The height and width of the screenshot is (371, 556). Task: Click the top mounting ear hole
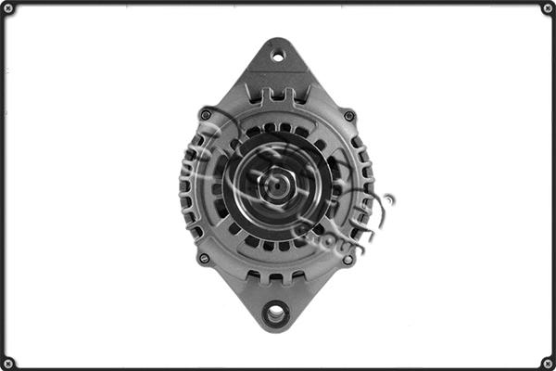point(277,56)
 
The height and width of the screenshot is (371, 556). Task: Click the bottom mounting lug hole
point(275,313)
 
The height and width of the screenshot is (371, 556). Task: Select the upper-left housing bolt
point(206,115)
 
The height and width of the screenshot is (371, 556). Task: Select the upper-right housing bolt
point(349,116)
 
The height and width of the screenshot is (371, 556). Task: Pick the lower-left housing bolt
point(204,259)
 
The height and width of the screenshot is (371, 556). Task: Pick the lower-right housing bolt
point(347,260)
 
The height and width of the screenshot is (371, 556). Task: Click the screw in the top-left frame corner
point(8,8)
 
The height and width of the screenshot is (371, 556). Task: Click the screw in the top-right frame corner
point(548,8)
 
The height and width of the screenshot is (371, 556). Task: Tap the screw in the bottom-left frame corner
point(8,363)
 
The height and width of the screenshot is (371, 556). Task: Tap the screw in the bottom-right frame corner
point(548,363)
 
